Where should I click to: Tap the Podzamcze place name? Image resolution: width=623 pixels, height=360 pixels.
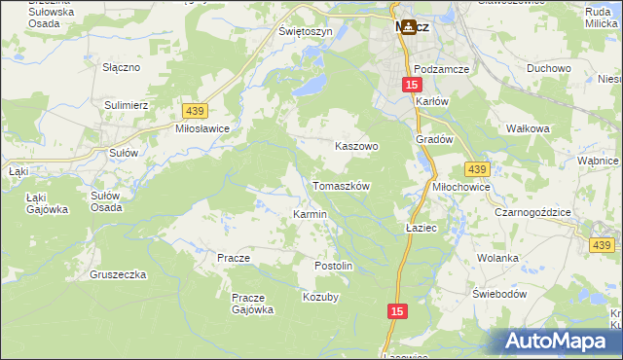click(x=441, y=69)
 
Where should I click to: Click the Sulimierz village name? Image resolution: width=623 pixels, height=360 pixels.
click(x=126, y=102)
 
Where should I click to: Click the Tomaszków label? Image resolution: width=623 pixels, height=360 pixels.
click(x=341, y=185)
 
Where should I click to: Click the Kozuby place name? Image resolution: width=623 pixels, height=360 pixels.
click(x=320, y=297)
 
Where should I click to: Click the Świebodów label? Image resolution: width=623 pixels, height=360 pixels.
click(x=499, y=293)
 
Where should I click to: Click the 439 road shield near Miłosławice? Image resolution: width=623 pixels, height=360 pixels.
click(x=192, y=112)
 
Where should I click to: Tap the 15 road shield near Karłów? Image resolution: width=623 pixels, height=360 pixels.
click(x=411, y=86)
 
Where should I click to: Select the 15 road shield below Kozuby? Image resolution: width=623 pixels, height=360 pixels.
click(x=396, y=310)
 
